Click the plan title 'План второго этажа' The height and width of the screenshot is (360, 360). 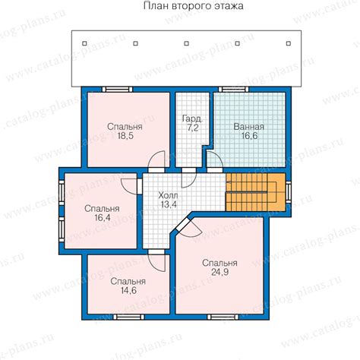click(x=193, y=6)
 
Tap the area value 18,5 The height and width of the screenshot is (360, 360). click(x=125, y=136)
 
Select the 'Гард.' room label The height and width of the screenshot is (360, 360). click(x=192, y=118)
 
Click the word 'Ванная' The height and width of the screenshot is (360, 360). click(x=248, y=127)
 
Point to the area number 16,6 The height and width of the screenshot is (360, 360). click(x=249, y=136)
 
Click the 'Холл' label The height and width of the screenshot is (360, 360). click(x=168, y=195)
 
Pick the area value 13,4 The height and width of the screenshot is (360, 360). click(x=169, y=204)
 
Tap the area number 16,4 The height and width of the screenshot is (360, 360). click(x=103, y=218)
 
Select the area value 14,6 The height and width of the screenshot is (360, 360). click(x=128, y=291)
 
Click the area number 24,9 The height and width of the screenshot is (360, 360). click(x=220, y=272)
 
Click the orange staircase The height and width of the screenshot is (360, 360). click(x=255, y=192)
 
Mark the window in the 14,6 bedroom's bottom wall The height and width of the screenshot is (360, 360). click(x=128, y=317)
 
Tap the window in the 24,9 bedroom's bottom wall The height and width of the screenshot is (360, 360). click(x=223, y=317)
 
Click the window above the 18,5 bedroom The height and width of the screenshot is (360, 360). click(x=117, y=89)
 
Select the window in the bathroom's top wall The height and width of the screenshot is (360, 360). click(x=233, y=89)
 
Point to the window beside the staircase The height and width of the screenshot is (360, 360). click(x=289, y=192)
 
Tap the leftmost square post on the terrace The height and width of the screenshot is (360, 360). click(x=84, y=43)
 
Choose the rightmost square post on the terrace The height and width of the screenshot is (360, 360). click(x=289, y=43)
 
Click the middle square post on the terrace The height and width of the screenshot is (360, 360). click(x=187, y=43)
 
